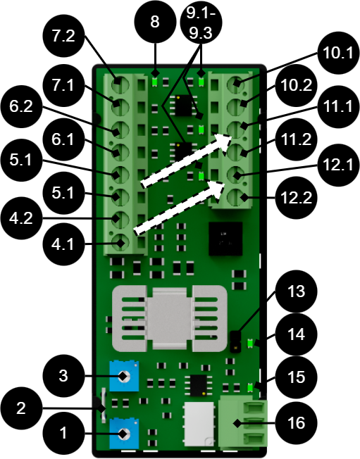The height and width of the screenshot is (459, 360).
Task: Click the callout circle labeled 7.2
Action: (64, 37)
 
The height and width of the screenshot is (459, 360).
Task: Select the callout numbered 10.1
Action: (338, 53)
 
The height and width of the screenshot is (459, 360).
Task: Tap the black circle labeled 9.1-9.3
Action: (201, 23)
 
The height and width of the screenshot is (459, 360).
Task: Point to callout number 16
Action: (297, 422)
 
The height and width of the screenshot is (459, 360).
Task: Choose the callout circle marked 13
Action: (297, 291)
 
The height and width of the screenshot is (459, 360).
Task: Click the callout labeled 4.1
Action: (64, 244)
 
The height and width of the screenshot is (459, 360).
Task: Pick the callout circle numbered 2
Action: (21, 408)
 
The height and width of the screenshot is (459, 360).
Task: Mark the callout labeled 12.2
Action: (297, 198)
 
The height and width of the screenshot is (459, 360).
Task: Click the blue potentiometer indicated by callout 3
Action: (124, 376)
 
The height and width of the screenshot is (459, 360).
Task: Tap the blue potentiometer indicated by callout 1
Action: (124, 434)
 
